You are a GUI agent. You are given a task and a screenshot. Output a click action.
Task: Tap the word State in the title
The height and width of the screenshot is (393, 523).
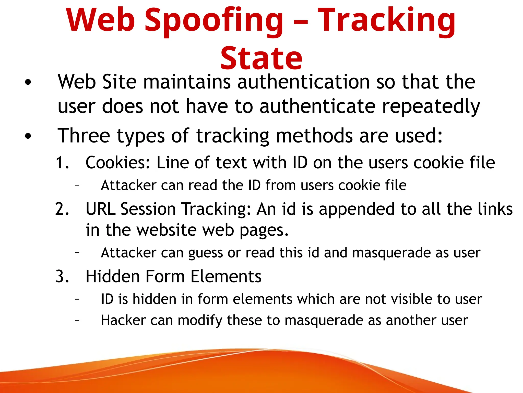(x=261, y=58)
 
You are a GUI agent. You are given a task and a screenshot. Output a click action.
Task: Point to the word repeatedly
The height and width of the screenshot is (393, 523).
(x=431, y=106)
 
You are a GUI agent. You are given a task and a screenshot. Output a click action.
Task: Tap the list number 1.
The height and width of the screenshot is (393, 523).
(x=62, y=162)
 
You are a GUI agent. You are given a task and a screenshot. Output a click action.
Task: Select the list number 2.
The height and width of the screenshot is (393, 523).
(x=62, y=209)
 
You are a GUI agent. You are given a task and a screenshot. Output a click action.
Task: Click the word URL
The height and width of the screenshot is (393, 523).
(x=101, y=209)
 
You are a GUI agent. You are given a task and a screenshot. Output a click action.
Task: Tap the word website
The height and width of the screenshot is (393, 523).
(x=166, y=230)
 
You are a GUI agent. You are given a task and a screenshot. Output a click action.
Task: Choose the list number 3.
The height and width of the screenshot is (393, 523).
(x=62, y=277)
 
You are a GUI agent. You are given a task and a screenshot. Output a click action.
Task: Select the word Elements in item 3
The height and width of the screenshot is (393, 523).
(x=226, y=277)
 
